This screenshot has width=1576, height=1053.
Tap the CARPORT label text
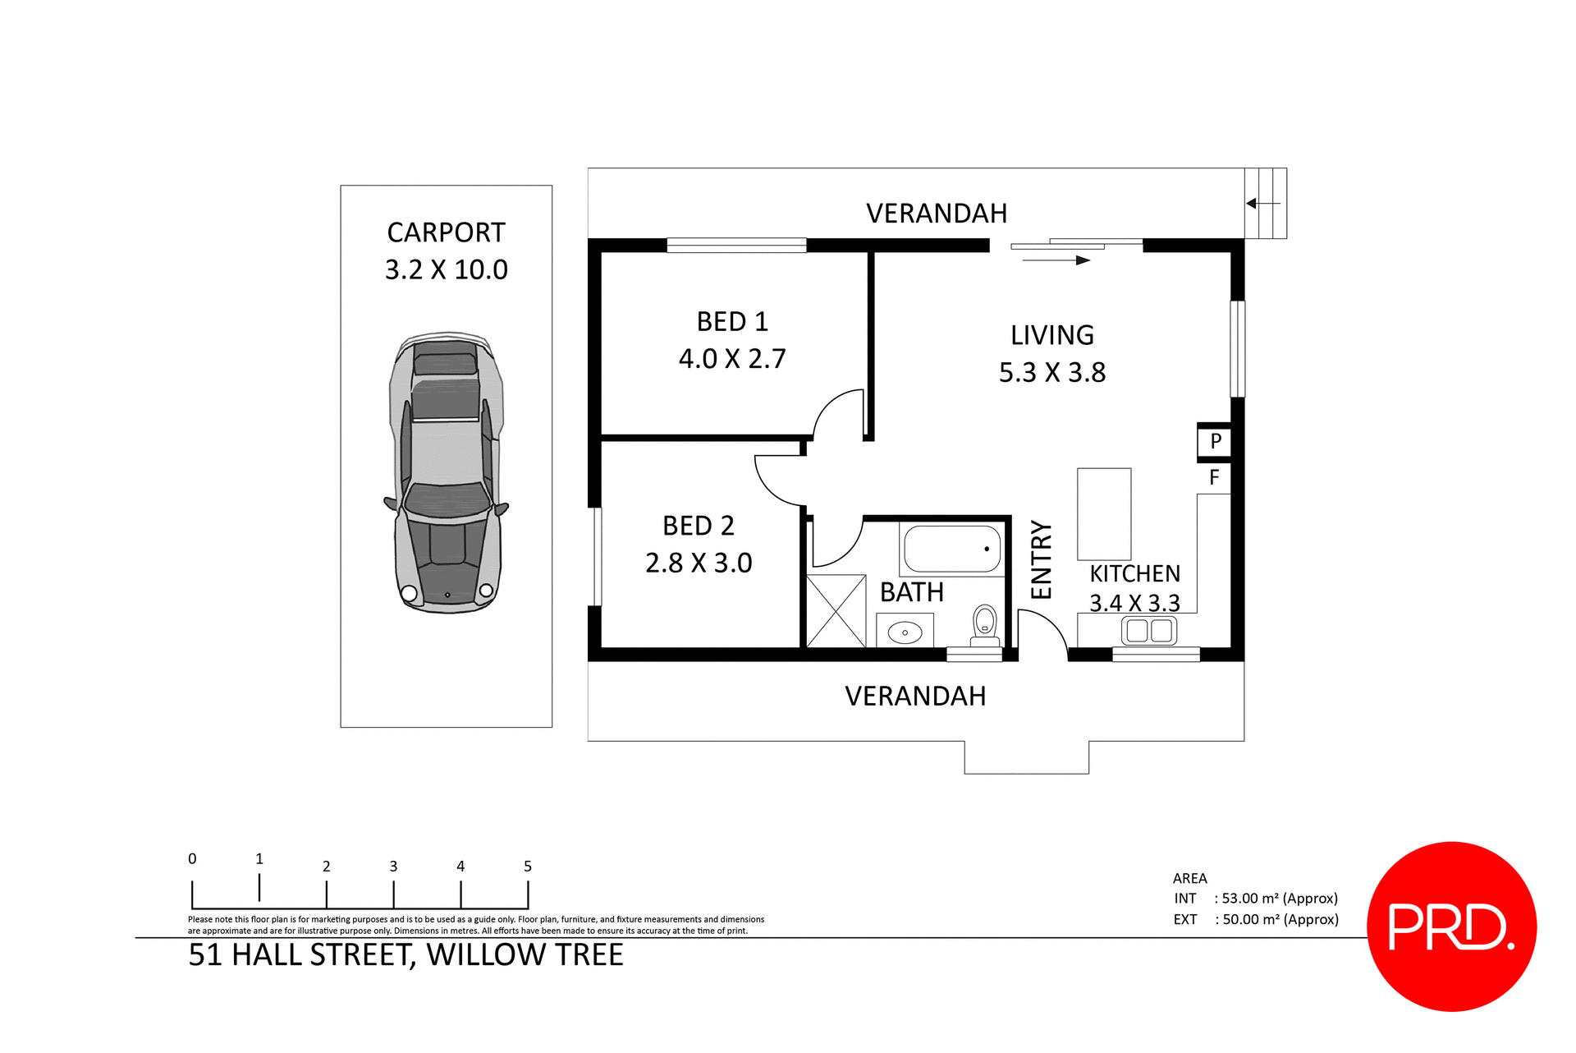(x=446, y=232)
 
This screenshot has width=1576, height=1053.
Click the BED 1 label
(x=732, y=321)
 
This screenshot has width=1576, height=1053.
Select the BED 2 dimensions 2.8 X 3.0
(x=699, y=563)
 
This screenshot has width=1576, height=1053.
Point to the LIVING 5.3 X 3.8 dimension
(x=1051, y=372)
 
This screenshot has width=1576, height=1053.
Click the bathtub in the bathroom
(x=952, y=549)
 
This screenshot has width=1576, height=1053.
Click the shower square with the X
(x=836, y=611)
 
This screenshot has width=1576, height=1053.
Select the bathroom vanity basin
(x=905, y=632)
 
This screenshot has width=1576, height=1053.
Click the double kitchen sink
(x=1148, y=631)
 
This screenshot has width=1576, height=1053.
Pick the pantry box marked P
(x=1216, y=441)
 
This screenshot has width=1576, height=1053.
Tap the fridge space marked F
(x=1214, y=477)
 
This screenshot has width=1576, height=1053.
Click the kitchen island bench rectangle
(x=1104, y=514)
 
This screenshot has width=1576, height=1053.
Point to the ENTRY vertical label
(x=1041, y=559)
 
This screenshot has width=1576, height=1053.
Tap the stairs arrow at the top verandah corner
(x=1262, y=203)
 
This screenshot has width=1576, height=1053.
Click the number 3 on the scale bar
(x=393, y=867)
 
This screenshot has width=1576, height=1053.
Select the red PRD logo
(x=1451, y=927)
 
